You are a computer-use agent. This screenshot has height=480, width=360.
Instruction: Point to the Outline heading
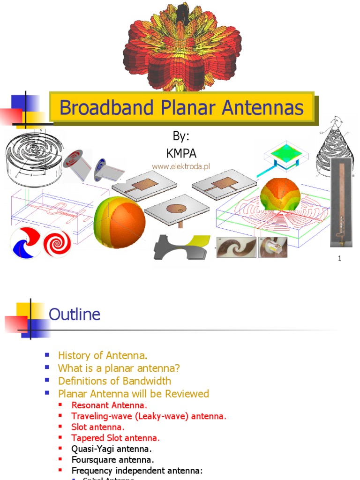(x=75, y=314)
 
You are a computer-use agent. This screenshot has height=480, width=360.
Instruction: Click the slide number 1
(x=339, y=258)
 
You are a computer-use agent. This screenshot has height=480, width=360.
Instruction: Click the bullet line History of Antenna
(x=103, y=356)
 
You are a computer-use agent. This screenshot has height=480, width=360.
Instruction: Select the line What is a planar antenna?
(x=119, y=368)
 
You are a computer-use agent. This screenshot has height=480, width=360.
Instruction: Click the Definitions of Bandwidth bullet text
(x=114, y=381)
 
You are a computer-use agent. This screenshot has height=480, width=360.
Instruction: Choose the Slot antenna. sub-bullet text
(x=97, y=427)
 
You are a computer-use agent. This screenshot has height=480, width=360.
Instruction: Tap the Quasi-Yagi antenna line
(x=111, y=449)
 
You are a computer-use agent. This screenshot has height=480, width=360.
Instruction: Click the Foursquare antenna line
(x=112, y=460)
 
